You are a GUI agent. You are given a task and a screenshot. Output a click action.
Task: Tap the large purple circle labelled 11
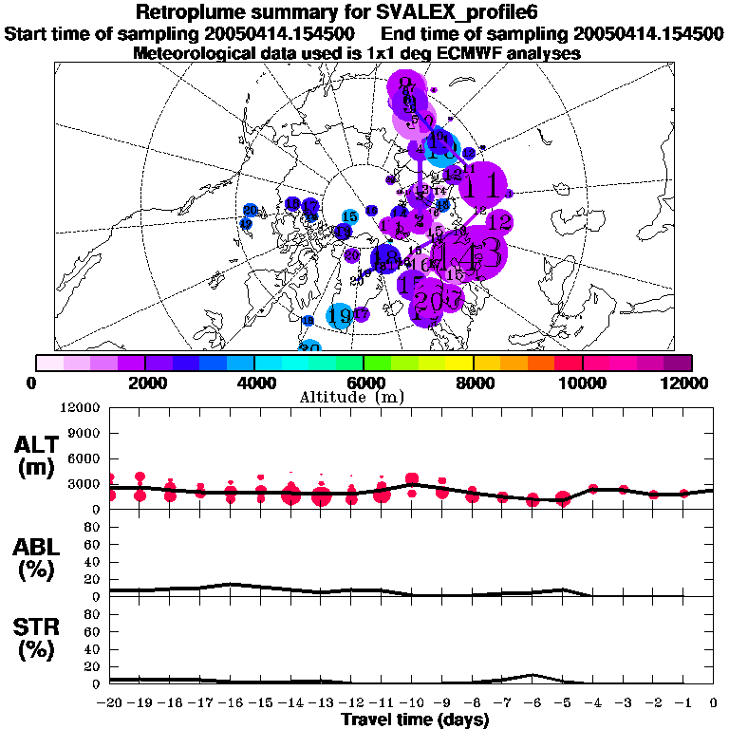(x=483, y=184)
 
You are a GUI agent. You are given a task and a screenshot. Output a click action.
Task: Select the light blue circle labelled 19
(x=339, y=316)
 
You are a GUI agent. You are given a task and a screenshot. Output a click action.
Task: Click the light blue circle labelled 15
(x=349, y=217)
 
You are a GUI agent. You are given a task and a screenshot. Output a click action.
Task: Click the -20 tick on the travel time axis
(x=110, y=704)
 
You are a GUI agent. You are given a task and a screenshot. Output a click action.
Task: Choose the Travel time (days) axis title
(x=415, y=720)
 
